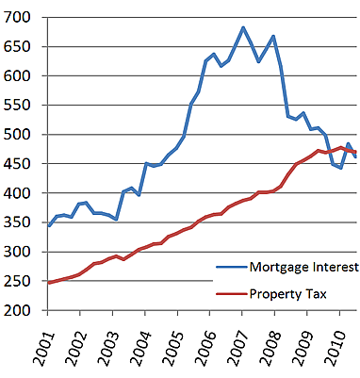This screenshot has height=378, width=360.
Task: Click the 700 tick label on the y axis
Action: click(x=20, y=18)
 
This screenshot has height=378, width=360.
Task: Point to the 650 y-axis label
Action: click(x=20, y=47)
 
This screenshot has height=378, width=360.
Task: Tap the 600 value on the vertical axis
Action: click(x=20, y=76)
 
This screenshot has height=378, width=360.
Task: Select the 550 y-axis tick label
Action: click(x=20, y=106)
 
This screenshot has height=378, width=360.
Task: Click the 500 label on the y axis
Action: click(x=20, y=135)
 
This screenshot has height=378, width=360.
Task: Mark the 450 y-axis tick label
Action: click(x=20, y=164)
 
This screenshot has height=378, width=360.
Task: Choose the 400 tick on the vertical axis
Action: click(x=20, y=193)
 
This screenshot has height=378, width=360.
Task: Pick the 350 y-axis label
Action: click(x=20, y=222)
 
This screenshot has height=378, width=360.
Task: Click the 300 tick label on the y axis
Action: click(x=20, y=252)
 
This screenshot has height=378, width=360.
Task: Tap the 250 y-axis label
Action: click(x=20, y=281)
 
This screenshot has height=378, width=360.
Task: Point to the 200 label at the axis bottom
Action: click(x=20, y=310)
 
